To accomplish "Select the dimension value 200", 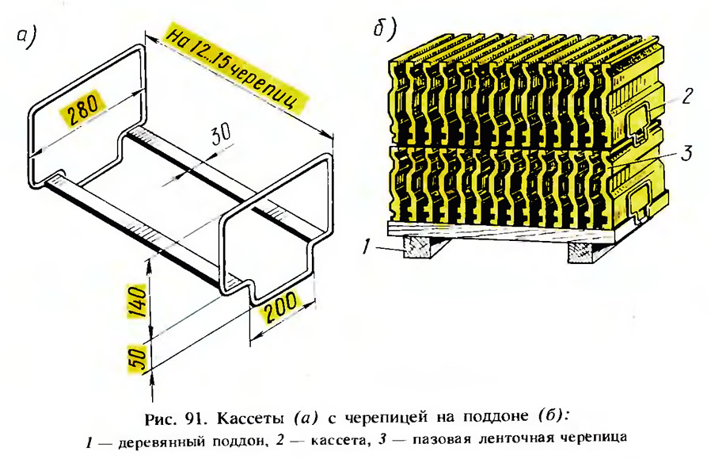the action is coord(281,307).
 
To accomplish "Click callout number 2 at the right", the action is coord(687,96).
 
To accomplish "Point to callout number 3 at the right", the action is coord(688,153).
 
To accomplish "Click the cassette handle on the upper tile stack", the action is coord(641,120).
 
